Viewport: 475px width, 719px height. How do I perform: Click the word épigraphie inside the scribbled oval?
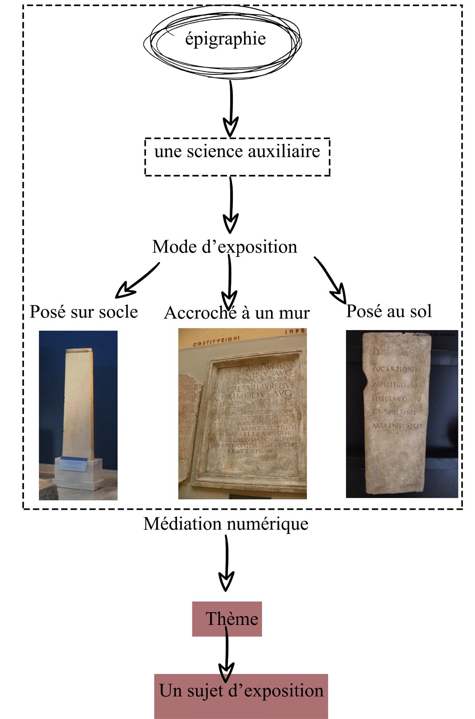(225, 39)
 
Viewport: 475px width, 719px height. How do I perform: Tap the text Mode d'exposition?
(225, 247)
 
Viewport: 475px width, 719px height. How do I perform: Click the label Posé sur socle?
(84, 312)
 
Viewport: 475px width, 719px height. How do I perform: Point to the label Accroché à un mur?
(237, 313)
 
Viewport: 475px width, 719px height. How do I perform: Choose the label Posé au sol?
(389, 311)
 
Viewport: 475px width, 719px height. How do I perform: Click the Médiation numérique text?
(226, 524)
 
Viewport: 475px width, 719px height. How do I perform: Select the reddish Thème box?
(227, 619)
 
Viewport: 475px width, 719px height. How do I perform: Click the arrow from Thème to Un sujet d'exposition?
(226, 655)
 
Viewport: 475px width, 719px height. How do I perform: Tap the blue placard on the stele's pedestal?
(75, 464)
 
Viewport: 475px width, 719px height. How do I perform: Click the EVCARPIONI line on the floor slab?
(394, 369)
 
